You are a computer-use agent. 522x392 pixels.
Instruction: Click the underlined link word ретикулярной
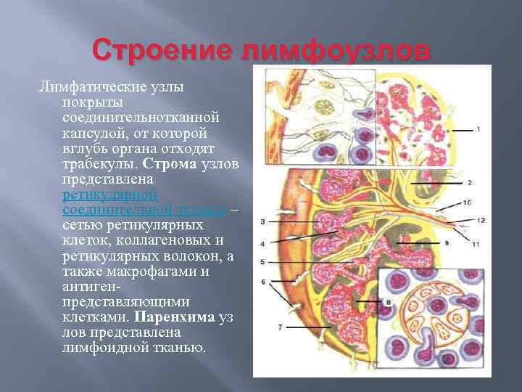point(110,194)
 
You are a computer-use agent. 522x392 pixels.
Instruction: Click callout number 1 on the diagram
point(478,129)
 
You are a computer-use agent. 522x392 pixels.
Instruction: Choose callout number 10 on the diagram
point(467,202)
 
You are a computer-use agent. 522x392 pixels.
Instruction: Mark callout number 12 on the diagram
point(481,220)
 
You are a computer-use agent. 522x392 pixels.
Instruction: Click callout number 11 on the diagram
point(475,245)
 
